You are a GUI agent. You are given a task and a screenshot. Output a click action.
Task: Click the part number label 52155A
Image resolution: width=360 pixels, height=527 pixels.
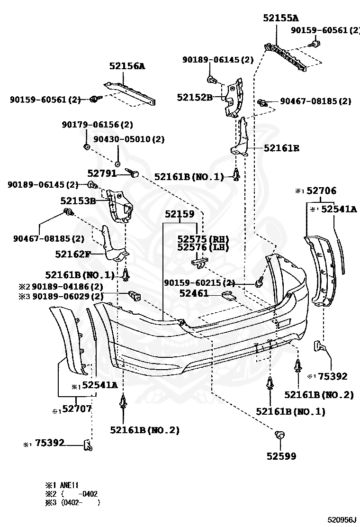pyautogui.click(x=281, y=18)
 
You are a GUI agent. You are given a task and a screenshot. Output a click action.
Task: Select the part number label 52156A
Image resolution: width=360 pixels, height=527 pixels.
pyautogui.click(x=127, y=66)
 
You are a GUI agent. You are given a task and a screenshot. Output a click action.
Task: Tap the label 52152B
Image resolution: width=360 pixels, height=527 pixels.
pyautogui.click(x=195, y=97)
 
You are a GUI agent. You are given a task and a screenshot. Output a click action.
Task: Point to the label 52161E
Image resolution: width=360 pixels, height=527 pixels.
pyautogui.click(x=281, y=148)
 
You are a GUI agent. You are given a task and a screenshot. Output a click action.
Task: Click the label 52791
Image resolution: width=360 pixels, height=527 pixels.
pyautogui.click(x=102, y=174)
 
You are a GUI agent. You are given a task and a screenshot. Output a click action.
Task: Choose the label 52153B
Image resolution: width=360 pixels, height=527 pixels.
pyautogui.click(x=78, y=201)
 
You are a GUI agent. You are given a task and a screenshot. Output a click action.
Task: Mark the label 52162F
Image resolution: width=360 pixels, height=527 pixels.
pyautogui.click(x=72, y=254)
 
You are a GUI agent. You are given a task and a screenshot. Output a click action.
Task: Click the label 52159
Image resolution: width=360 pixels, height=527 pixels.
pyautogui.click(x=180, y=214)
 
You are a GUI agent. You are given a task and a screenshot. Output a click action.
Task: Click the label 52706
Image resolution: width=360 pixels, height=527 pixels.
pyautogui.click(x=321, y=191)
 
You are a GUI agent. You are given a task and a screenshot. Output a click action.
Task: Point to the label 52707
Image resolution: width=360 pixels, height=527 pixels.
pyautogui.click(x=77, y=408)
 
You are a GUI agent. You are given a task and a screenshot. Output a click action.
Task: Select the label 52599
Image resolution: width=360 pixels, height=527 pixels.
pyautogui.click(x=281, y=456)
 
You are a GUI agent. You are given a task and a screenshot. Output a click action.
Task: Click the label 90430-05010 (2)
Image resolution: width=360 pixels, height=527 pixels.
pyautogui.click(x=128, y=139)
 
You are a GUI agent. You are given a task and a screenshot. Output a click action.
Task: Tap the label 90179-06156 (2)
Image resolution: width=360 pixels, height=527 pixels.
pyautogui.click(x=97, y=125)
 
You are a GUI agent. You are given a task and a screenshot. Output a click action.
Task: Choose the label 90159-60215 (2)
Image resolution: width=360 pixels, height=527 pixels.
pyautogui.click(x=199, y=283)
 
